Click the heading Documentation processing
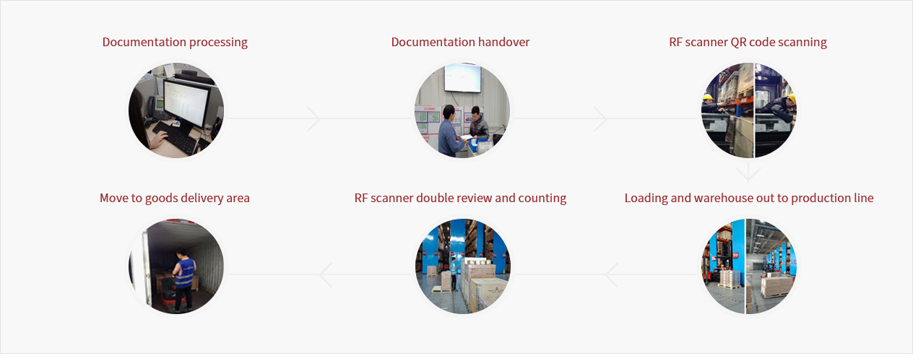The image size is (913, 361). click(175, 43)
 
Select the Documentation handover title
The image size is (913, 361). click(460, 42)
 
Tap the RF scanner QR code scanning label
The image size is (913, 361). click(748, 43)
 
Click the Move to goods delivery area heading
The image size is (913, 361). click(175, 198)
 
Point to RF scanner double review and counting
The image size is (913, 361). click(460, 198)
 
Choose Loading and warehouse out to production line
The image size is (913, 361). click(749, 198)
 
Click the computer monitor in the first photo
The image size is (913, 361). click(186, 104)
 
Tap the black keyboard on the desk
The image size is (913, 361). click(176, 137)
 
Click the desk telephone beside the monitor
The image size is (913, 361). click(156, 108)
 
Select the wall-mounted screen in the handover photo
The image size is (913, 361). click(462, 78)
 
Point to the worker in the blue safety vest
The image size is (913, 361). click(183, 279)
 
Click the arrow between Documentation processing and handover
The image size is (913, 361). click(313, 119)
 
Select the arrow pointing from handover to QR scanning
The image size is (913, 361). click(600, 119)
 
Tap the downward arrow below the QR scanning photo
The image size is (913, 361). click(748, 173)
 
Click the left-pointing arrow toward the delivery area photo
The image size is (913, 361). click(325, 275)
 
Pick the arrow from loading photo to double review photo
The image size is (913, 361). click(611, 275)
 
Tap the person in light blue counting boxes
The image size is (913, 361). click(454, 274)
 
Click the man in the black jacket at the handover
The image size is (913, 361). click(478, 124)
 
